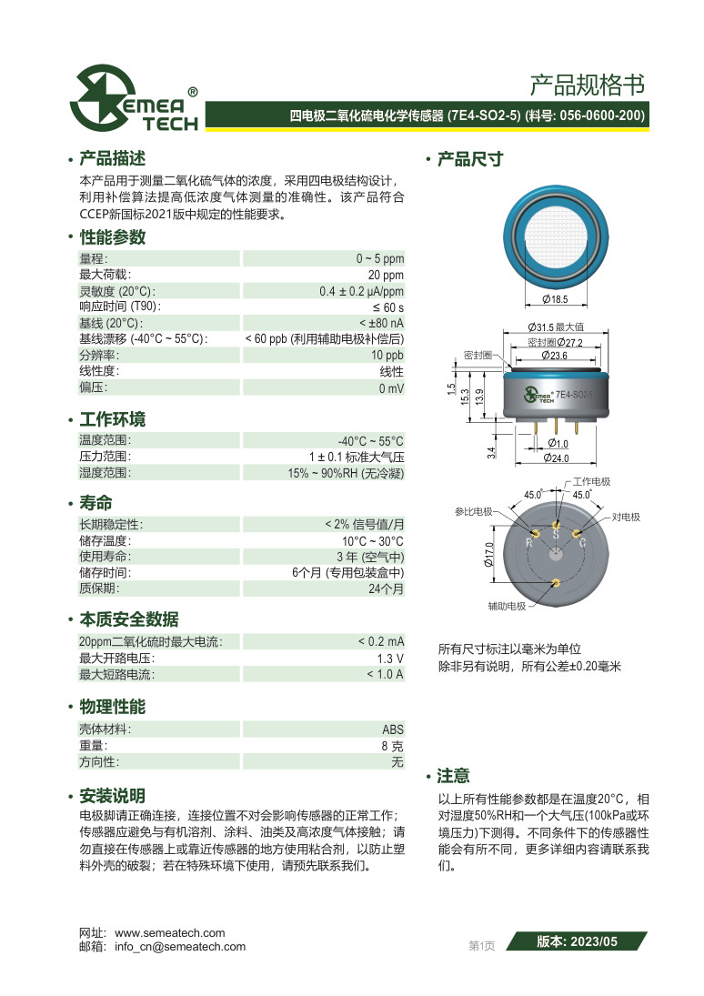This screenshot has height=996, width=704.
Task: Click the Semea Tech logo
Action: click(x=135, y=97)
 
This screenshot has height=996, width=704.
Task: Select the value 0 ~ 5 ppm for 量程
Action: click(x=379, y=258)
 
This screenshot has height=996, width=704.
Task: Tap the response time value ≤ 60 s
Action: click(x=387, y=307)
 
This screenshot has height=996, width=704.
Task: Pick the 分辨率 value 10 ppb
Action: click(x=387, y=355)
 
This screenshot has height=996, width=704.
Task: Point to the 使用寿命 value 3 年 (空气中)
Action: click(x=370, y=557)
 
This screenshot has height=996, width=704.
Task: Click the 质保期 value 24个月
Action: click(x=386, y=589)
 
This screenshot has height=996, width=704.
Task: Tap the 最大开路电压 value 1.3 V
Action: click(x=390, y=658)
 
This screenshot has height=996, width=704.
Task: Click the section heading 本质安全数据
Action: click(x=129, y=619)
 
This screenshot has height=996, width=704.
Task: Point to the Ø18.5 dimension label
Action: click(x=554, y=299)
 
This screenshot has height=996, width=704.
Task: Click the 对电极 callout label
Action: click(x=626, y=517)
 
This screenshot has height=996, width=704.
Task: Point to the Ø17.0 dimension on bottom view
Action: click(x=488, y=554)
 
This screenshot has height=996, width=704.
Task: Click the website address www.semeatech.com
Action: click(x=170, y=932)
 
